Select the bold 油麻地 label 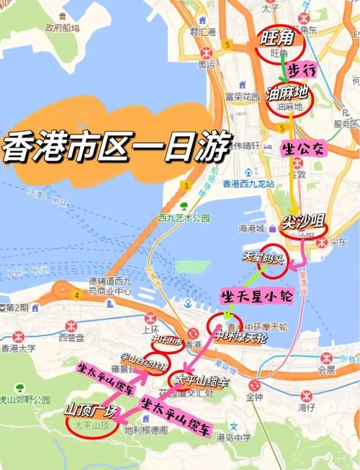click(x=287, y=93)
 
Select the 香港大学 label click(x=21, y=348)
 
